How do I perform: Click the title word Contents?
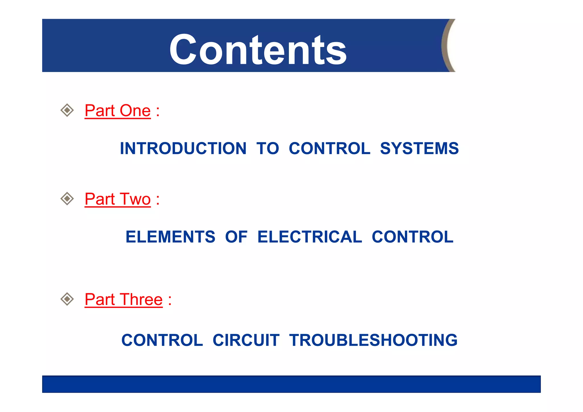tap(258, 50)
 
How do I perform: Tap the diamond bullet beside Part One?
tap(67, 110)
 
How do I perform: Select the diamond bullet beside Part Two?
tap(67, 199)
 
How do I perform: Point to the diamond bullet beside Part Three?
tap(67, 299)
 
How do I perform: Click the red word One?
tap(135, 111)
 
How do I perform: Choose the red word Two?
tap(135, 199)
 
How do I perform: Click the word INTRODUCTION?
tap(183, 149)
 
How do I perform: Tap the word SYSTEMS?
tap(419, 149)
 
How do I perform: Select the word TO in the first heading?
tap(268, 149)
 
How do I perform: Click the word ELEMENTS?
tap(171, 237)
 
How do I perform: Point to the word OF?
tap(236, 237)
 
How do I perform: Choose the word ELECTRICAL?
tap(310, 237)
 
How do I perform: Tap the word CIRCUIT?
tap(246, 340)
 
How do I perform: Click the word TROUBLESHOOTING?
tap(373, 340)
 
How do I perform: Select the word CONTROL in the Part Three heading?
tap(162, 340)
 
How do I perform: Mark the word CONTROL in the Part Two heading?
tap(412, 237)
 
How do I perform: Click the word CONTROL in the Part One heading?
tap(330, 149)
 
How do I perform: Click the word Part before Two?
tap(100, 199)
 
